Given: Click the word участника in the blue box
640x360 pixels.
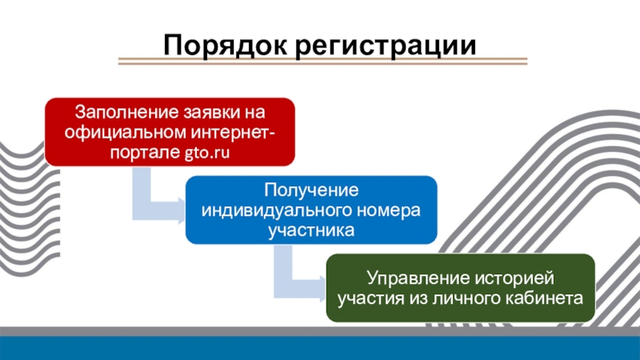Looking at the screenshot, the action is tap(312, 232).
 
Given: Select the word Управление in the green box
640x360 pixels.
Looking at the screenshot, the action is tap(408, 280).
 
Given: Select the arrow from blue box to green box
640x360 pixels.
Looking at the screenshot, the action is tap(292, 276).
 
